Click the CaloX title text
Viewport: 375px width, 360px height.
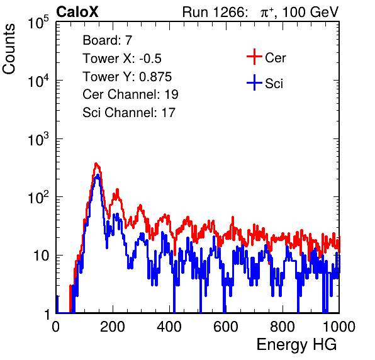77,12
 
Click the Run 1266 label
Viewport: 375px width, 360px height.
214,12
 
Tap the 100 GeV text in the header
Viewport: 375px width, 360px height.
310,12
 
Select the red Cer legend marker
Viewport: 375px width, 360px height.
254,57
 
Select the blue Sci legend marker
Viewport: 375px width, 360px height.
254,82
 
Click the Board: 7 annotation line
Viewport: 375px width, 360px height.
108,40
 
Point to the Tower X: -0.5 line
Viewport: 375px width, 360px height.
122,59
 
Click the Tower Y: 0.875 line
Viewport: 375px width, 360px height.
127,77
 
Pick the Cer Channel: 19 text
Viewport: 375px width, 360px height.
130,94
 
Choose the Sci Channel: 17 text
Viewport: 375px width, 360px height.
129,113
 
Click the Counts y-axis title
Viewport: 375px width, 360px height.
9,49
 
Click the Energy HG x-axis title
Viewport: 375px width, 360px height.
296,345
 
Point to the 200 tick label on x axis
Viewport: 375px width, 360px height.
113,327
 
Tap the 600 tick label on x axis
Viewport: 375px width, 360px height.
226,327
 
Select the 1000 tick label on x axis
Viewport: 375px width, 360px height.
339,327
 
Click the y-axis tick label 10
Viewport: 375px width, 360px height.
42,256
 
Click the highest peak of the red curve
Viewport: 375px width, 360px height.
96,164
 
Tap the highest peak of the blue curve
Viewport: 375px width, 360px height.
98,176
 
